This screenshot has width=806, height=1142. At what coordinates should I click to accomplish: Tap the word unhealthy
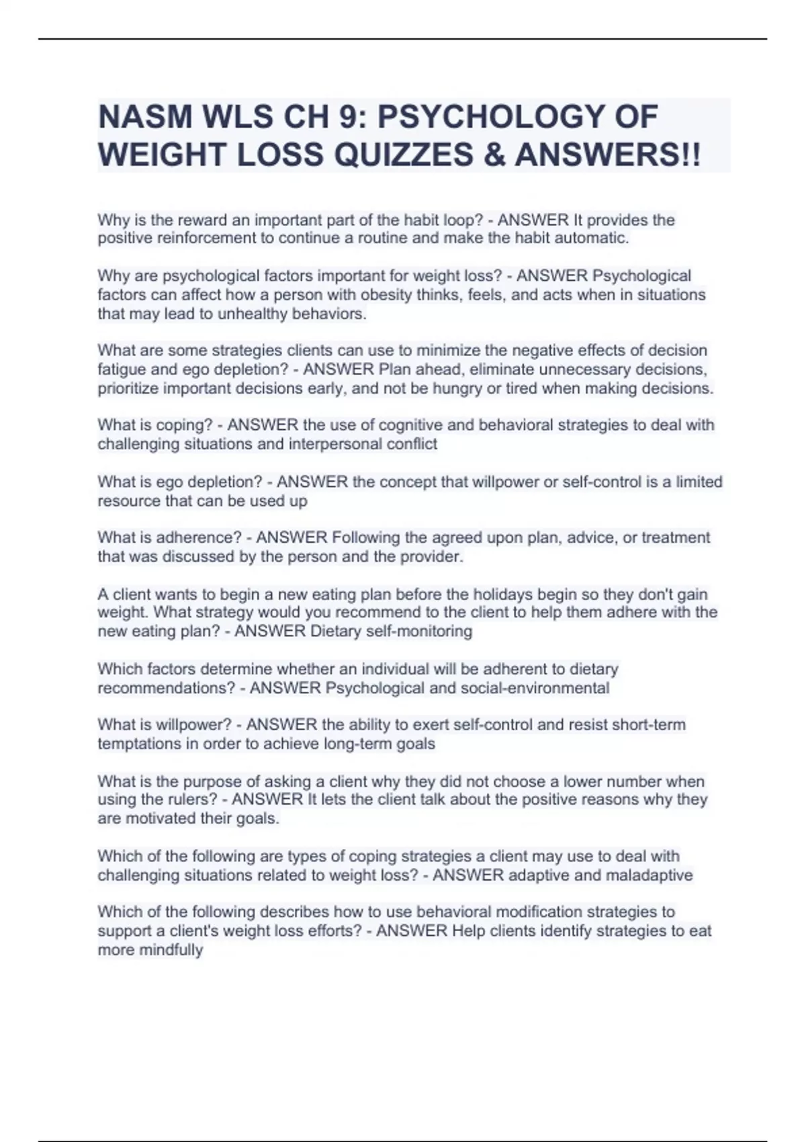coord(253,314)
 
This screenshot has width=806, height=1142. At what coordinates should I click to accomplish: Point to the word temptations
coord(138,744)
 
